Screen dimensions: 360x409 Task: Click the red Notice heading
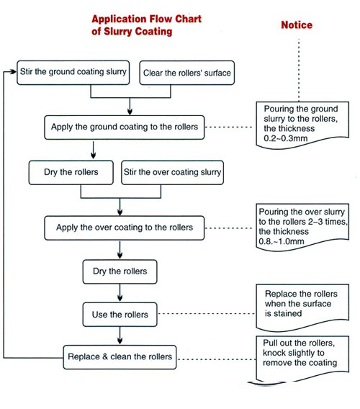(297, 25)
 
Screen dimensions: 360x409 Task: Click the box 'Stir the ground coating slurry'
(73, 73)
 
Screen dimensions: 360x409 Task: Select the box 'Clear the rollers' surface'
(186, 73)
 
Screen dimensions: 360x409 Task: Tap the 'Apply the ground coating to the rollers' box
(125, 127)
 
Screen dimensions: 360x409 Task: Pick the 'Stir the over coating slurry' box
(172, 172)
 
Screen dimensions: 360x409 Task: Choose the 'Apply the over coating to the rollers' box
(125, 228)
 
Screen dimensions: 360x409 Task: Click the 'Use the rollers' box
(120, 315)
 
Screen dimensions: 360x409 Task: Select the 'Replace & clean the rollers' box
(120, 357)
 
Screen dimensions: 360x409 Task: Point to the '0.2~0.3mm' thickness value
(286, 138)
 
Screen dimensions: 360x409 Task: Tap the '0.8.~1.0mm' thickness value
(282, 241)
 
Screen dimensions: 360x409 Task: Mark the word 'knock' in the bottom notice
(274, 353)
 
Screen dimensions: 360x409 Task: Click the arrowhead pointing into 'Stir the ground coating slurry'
(14, 71)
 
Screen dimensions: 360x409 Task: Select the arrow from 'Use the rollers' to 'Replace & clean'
(120, 336)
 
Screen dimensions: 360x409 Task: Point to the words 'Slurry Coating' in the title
(138, 31)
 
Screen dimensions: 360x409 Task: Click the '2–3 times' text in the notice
(328, 222)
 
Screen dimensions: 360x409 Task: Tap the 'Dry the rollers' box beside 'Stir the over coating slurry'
(71, 172)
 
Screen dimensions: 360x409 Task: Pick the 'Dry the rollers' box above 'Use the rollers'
(120, 271)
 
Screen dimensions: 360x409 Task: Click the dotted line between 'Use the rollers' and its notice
(207, 313)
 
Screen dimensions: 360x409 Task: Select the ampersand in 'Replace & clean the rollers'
(105, 356)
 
